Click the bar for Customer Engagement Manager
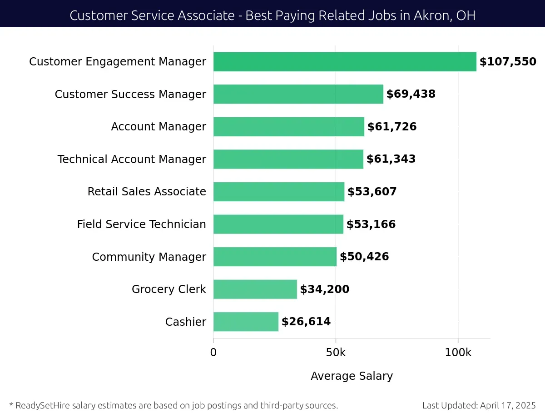pyautogui.click(x=345, y=62)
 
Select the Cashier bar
pyautogui.click(x=246, y=322)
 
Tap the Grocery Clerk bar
pyautogui.click(x=255, y=289)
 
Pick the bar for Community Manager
pyautogui.click(x=275, y=257)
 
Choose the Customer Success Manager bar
pyautogui.click(x=298, y=94)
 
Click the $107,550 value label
pyautogui.click(x=508, y=62)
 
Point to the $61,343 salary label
pyautogui.click(x=391, y=159)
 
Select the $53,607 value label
pyautogui.click(x=372, y=192)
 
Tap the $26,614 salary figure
pyautogui.click(x=306, y=322)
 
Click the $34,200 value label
pyautogui.click(x=325, y=289)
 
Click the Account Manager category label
pyautogui.click(x=159, y=127)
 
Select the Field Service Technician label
pyautogui.click(x=141, y=224)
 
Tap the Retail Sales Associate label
pyautogui.click(x=147, y=192)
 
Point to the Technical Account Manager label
pyautogui.click(x=132, y=159)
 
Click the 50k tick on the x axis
pyautogui.click(x=336, y=353)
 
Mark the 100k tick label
pyautogui.click(x=458, y=353)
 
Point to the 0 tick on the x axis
pyautogui.click(x=213, y=353)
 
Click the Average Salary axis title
pyautogui.click(x=352, y=376)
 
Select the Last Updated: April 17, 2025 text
pyautogui.click(x=479, y=405)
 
